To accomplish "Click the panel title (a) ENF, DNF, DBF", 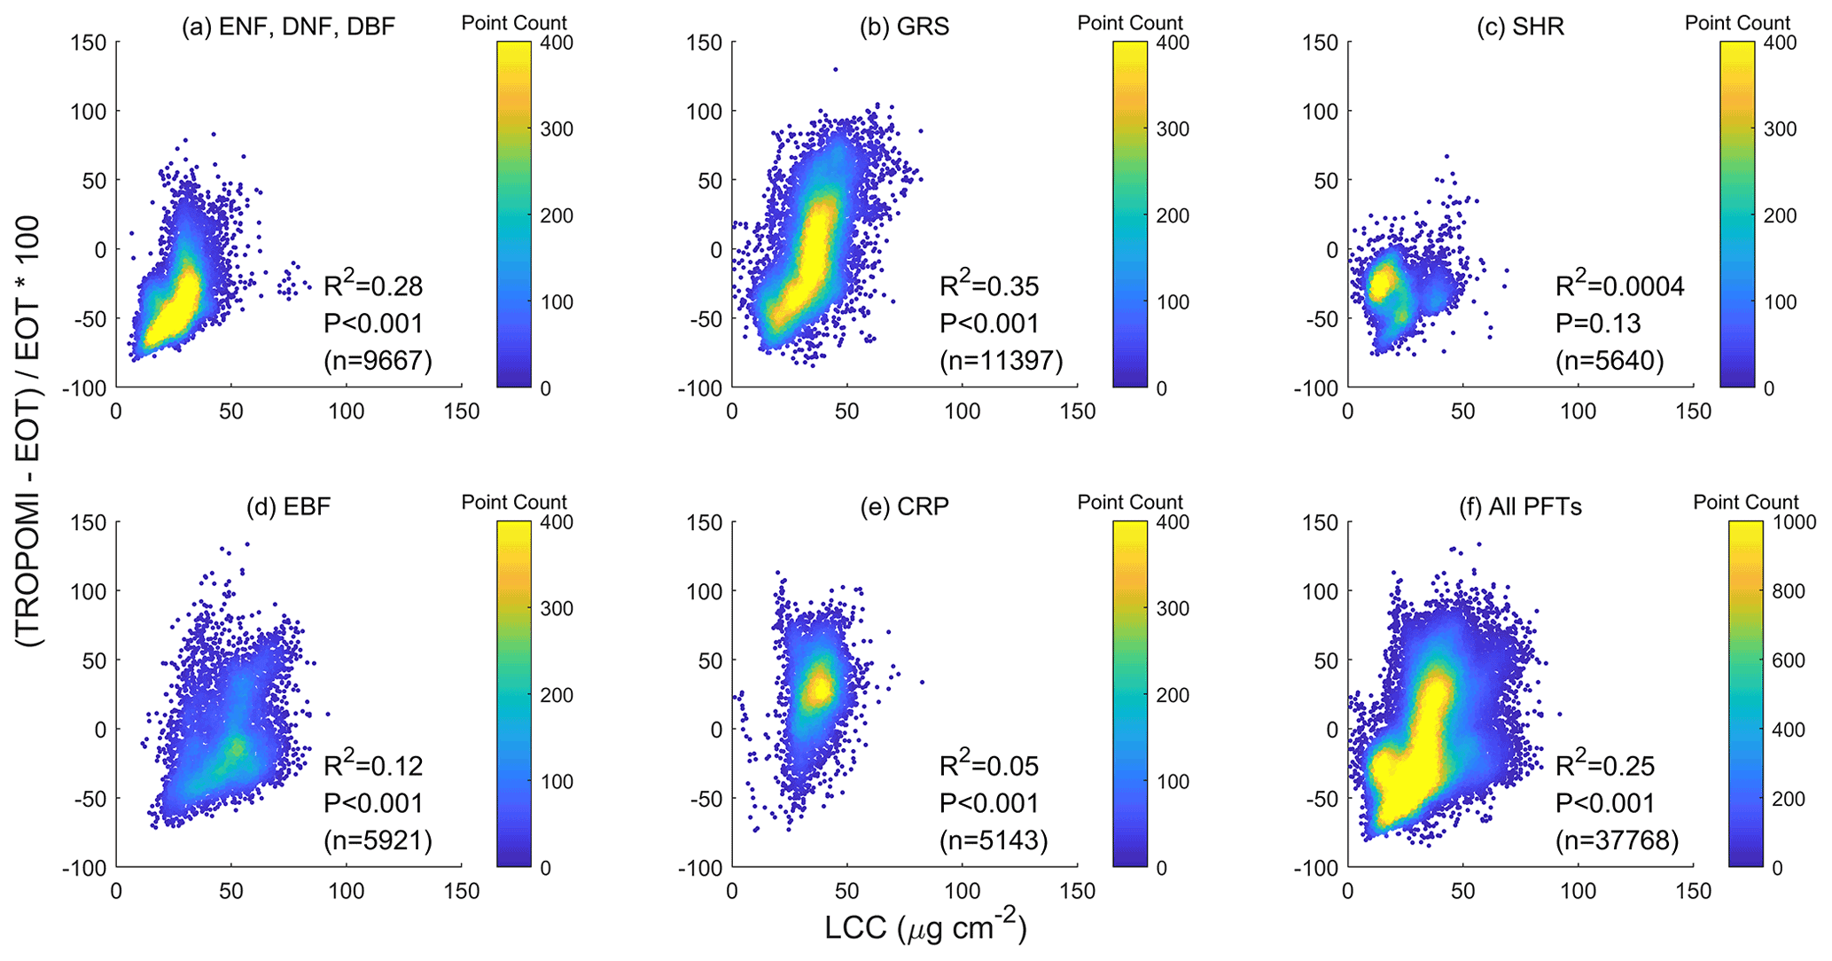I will tap(288, 27).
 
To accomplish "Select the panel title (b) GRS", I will tap(904, 27).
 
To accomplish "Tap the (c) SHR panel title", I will tap(1520, 27).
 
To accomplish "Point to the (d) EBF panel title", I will tap(288, 506).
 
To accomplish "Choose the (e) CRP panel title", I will tap(904, 506).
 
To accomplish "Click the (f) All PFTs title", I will tap(1520, 506).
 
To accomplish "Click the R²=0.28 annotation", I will tap(373, 285).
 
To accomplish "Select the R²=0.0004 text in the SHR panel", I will tap(1620, 285).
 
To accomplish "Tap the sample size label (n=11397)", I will tap(1001, 361).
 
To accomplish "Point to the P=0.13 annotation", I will tap(1598, 324).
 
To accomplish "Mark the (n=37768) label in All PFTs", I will tap(1617, 840).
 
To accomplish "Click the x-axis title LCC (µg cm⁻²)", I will tap(925, 928).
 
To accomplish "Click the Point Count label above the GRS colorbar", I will tap(1130, 23).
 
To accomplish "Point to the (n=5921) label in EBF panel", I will tap(378, 840).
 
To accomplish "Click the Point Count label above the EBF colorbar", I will tap(514, 503).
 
